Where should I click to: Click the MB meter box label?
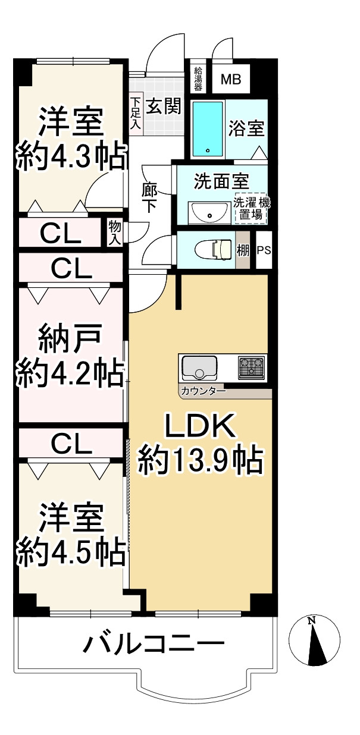click(231, 78)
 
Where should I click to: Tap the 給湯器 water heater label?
click(199, 78)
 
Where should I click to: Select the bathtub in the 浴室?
click(208, 128)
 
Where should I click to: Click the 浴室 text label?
click(246, 128)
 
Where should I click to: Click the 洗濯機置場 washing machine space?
click(251, 208)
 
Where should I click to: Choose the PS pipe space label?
click(264, 250)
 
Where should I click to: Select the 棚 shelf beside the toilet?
click(243, 250)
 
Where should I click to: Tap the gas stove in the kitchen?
click(253, 367)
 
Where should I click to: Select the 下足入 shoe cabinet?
click(136, 113)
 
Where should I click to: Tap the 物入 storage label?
click(114, 233)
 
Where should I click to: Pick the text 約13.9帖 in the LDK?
click(201, 458)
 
